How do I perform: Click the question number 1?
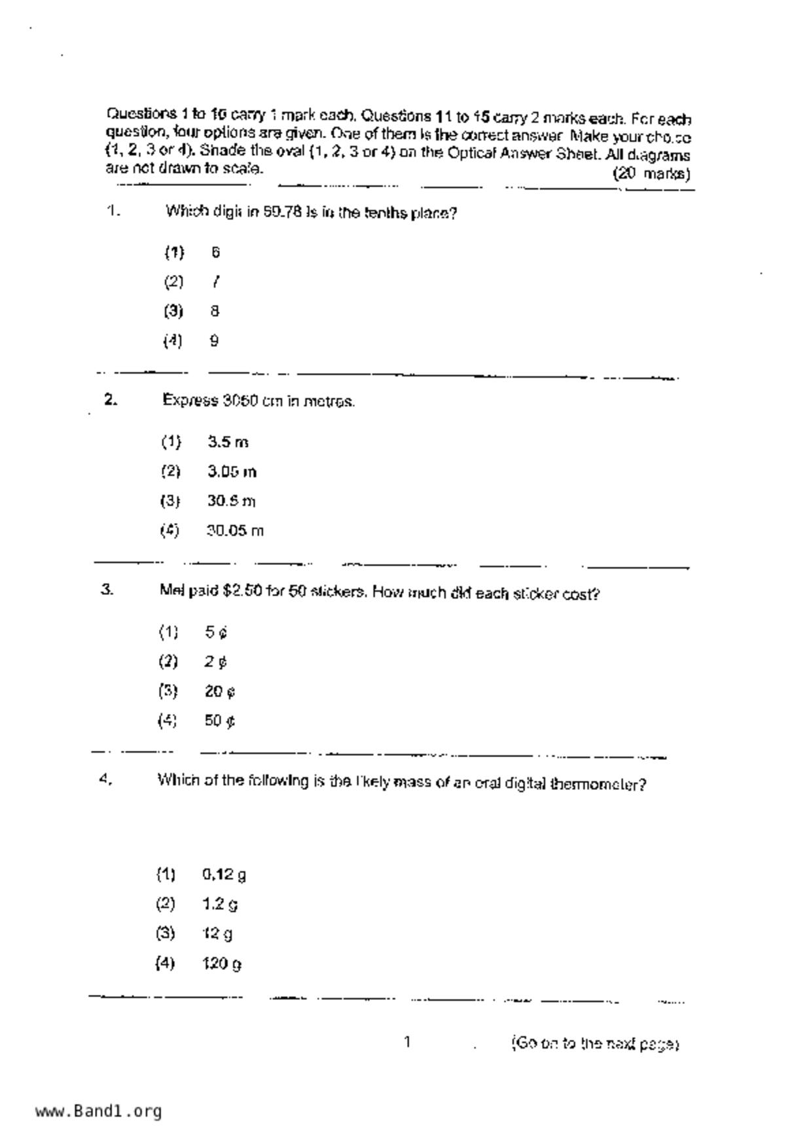pos(113,211)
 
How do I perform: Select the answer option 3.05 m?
pos(232,472)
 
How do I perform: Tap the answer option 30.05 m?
pos(235,531)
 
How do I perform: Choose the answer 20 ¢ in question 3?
pos(220,691)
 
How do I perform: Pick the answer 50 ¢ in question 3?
pos(220,721)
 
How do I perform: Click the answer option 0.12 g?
pos(224,874)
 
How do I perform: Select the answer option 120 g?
pos(222,963)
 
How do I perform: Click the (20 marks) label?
pos(651,174)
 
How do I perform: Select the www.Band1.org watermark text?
pos(99,1111)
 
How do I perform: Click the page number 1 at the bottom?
pos(407,1042)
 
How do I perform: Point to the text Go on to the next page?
pos(595,1043)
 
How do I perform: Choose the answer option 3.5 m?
pos(228,442)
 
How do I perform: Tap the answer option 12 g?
pos(217,934)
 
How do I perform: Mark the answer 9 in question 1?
pos(214,341)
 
